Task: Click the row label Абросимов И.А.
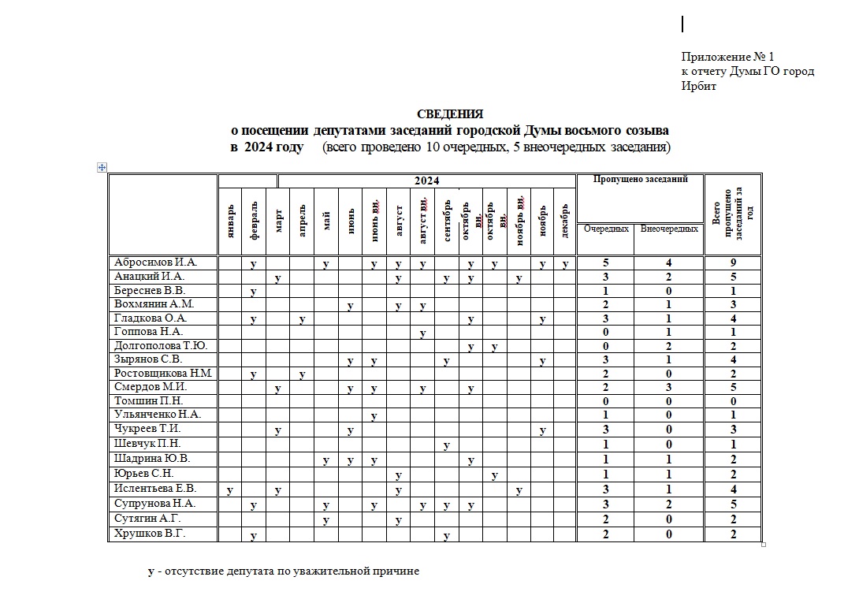tap(154, 262)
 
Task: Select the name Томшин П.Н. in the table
tap(147, 400)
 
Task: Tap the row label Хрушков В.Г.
tap(149, 534)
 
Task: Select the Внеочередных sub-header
tap(669, 229)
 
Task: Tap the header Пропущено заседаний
tap(639, 179)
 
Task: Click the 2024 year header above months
tap(426, 181)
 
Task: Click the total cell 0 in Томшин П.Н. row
tap(733, 401)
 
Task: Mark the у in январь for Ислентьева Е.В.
tap(229, 490)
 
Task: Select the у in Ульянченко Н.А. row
tap(374, 415)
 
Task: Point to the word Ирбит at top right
tap(699, 86)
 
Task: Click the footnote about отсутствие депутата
tap(284, 571)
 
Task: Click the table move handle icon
tap(102, 167)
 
